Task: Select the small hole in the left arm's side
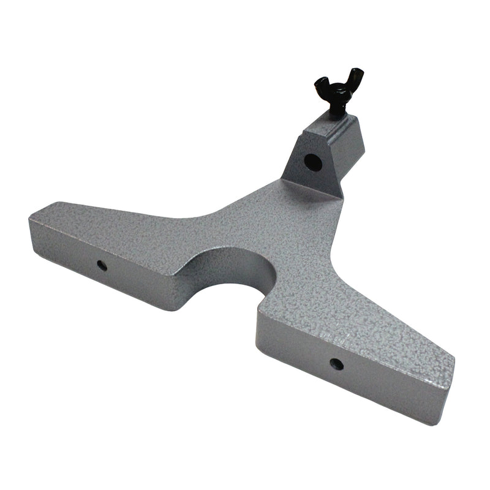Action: pos(102,265)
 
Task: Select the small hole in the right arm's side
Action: pos(336,364)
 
